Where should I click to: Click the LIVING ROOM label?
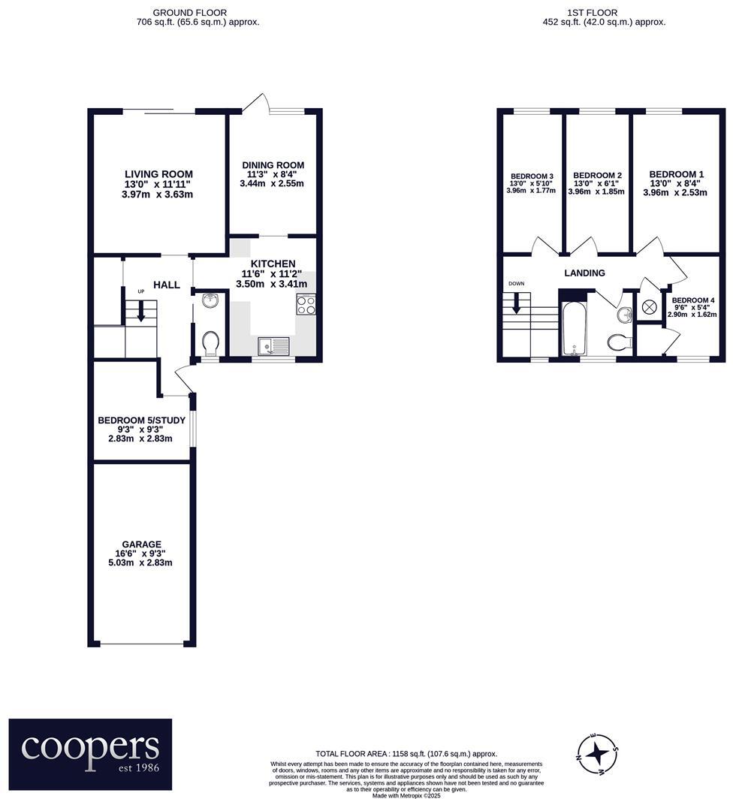(x=158, y=173)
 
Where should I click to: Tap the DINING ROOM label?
(x=273, y=165)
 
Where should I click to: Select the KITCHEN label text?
(x=273, y=264)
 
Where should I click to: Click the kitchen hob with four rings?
(x=306, y=304)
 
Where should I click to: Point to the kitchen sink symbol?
(x=273, y=346)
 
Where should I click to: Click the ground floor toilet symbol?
(x=212, y=343)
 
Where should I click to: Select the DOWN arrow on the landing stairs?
(x=516, y=303)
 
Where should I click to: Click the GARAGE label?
(x=142, y=544)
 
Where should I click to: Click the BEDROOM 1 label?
(x=676, y=172)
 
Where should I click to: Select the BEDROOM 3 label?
(x=531, y=176)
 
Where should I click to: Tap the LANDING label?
(x=584, y=273)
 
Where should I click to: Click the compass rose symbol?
(x=599, y=752)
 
